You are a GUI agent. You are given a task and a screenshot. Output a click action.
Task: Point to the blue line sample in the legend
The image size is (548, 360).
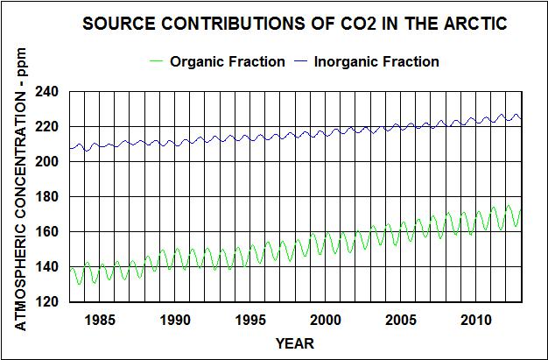304,61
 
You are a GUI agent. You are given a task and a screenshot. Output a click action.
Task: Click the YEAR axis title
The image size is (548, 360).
295,343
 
